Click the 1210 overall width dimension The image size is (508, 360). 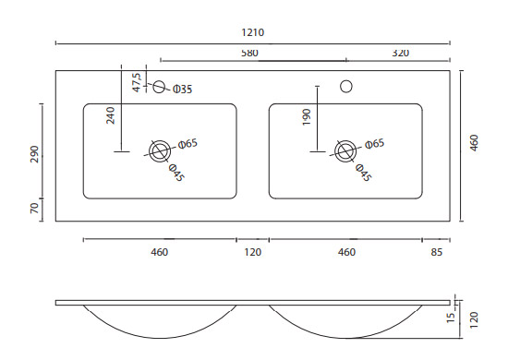tap(253, 32)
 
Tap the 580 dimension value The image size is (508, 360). tap(249, 53)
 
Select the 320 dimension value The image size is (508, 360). tap(401, 53)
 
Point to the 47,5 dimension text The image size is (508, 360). tap(137, 82)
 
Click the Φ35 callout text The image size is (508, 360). tap(182, 89)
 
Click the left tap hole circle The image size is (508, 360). tap(159, 87)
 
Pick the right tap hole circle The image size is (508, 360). tap(346, 86)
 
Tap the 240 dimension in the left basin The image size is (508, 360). tap(111, 115)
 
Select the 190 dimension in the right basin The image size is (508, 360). tap(307, 117)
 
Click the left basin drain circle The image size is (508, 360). tap(160, 151)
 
